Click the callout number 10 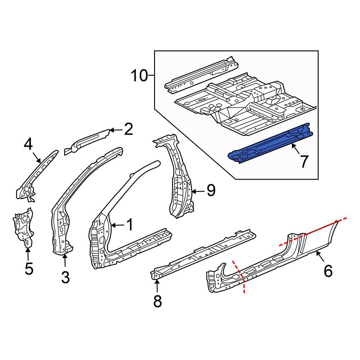tap(139, 76)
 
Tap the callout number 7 tap(304, 162)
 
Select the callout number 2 tap(129, 130)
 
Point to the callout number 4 tap(28, 145)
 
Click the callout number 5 tap(28, 269)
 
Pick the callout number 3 tap(65, 277)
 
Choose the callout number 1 tap(129, 225)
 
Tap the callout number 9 tap(211, 190)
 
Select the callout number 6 tap(328, 270)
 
